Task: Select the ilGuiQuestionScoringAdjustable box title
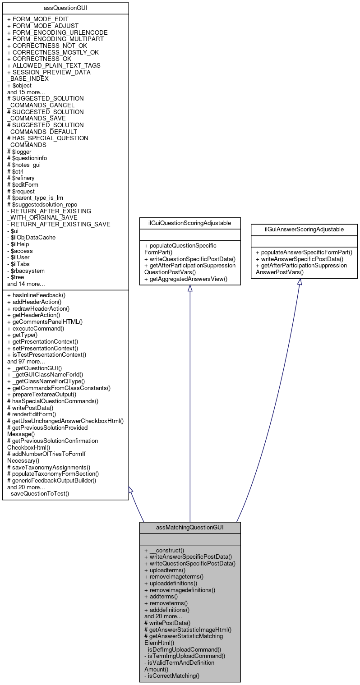click(x=189, y=223)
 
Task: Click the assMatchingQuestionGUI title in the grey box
click(x=189, y=527)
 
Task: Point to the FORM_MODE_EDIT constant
click(x=39, y=19)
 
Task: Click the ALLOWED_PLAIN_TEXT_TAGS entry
click(x=54, y=65)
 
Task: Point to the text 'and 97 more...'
click(x=26, y=361)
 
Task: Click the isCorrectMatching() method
click(x=172, y=676)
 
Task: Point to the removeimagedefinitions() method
click(x=180, y=590)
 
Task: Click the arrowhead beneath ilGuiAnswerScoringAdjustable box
click(x=299, y=282)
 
